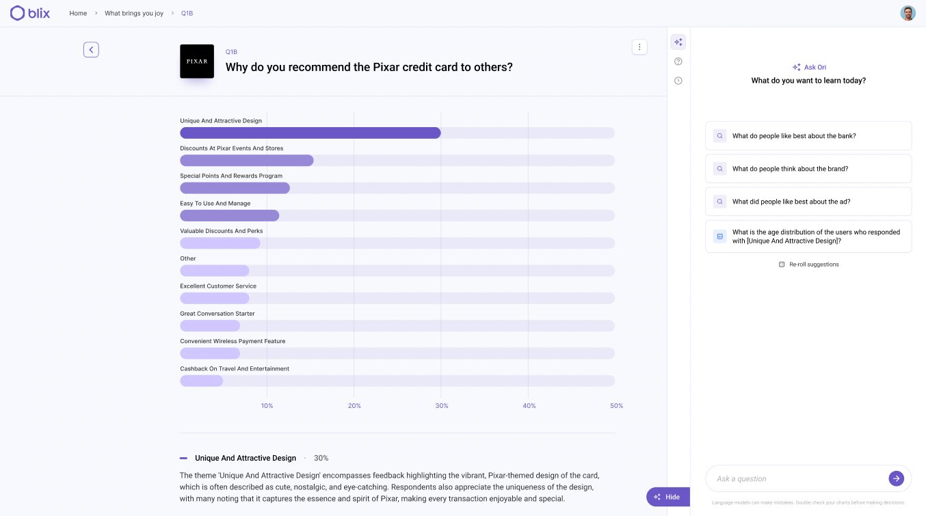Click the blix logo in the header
click(30, 13)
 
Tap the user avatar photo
click(908, 13)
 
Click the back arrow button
click(91, 50)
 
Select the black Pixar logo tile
click(197, 62)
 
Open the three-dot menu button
click(639, 46)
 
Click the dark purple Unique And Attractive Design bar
click(310, 133)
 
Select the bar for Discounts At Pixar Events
click(246, 161)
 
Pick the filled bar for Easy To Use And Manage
click(229, 215)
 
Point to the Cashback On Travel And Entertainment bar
click(201, 381)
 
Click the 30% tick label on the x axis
click(442, 406)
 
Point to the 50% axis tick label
click(616, 406)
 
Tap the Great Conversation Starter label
click(217, 314)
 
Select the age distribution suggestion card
click(808, 236)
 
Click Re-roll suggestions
click(809, 264)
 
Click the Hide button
click(667, 497)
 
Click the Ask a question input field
click(797, 478)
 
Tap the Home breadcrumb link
click(78, 13)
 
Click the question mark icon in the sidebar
click(678, 62)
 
